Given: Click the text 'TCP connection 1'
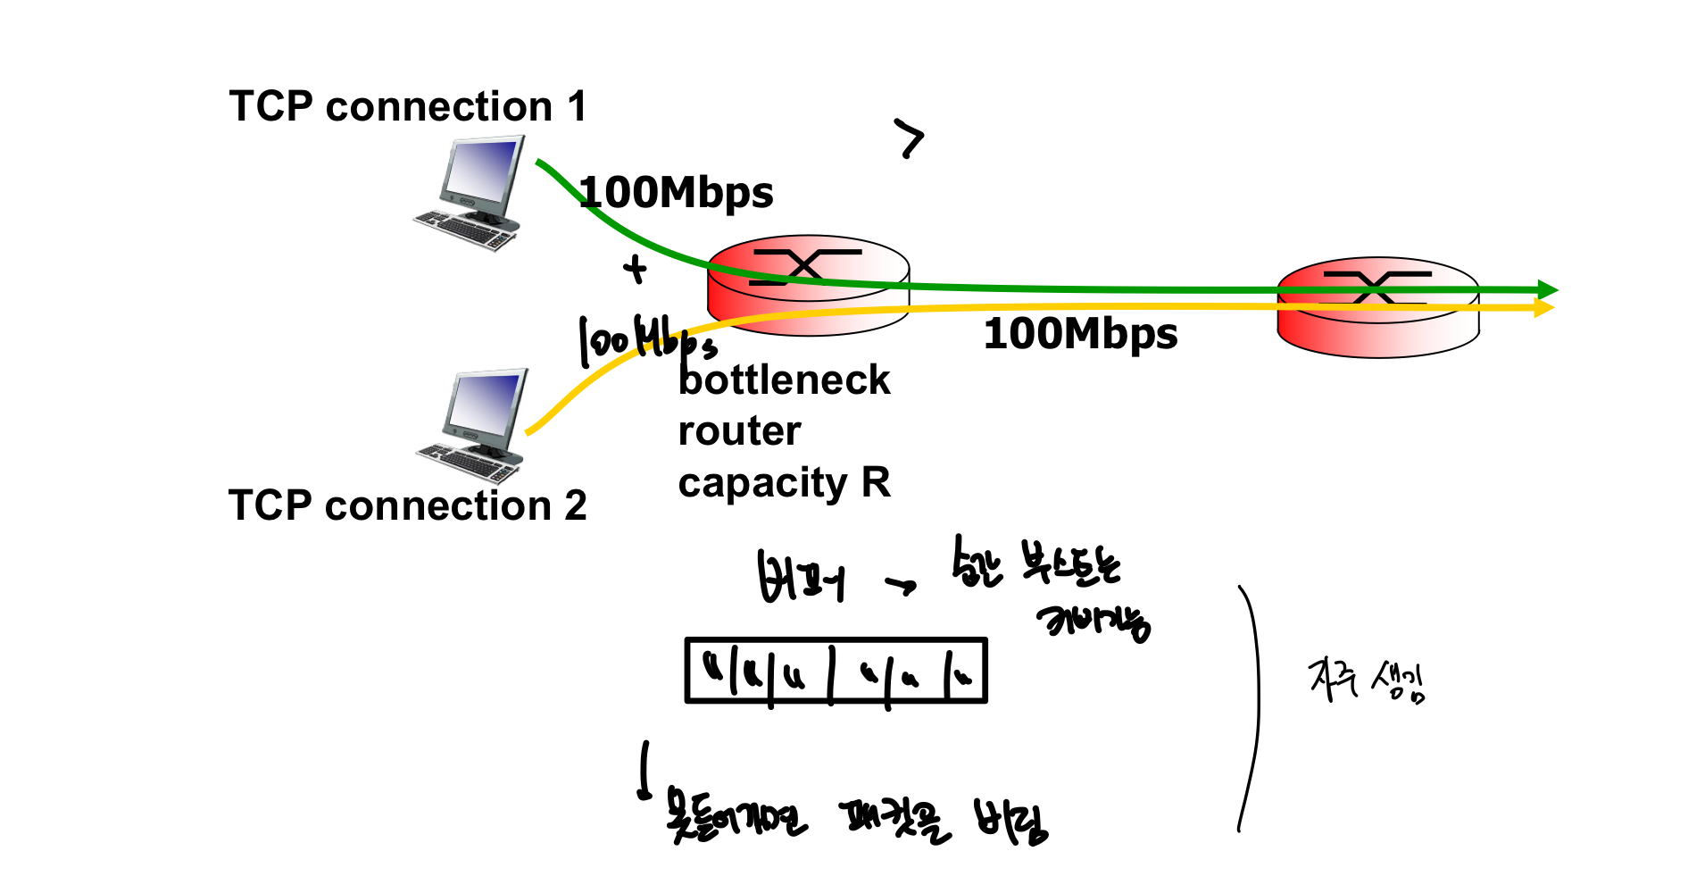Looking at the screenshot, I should coord(408,107).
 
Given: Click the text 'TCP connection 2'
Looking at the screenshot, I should coord(407,505).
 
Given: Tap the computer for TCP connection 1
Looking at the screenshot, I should coord(473,192).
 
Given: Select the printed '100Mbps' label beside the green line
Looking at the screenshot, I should coord(676,193).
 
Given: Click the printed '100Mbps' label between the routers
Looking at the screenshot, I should coord(1080,334).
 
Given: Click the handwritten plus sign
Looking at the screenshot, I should coord(635,268).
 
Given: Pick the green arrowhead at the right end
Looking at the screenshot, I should coord(1548,290).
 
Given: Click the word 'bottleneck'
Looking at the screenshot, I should coord(784,380).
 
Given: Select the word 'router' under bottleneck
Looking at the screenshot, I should coord(739,431).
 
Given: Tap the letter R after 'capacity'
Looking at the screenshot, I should coord(876,483).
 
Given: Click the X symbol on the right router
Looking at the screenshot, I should coord(1376,286).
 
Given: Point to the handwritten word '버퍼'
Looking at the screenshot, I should coord(800,578).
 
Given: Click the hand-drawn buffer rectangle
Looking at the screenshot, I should coord(836,671).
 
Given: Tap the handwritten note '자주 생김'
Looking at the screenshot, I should coord(1367,682).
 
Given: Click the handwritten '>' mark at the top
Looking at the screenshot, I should coord(910,138).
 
